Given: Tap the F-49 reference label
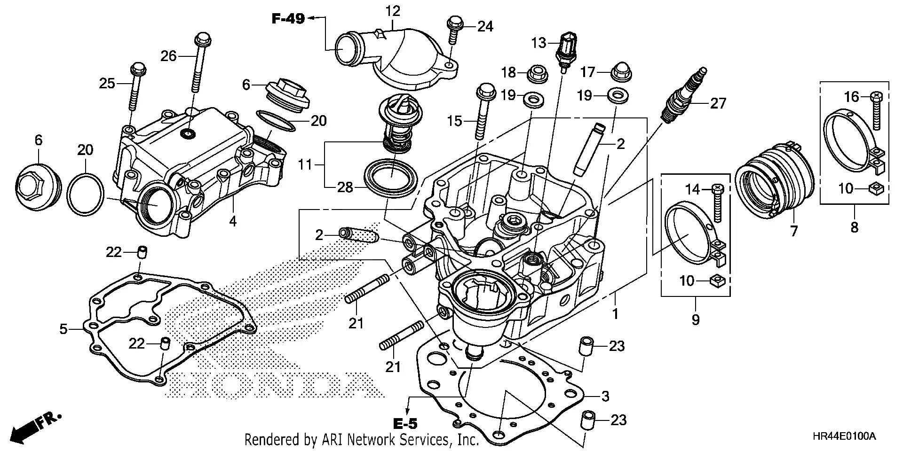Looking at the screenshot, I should click(x=288, y=19).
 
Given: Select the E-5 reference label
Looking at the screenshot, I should click(x=405, y=424).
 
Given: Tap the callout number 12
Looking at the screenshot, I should click(x=393, y=10).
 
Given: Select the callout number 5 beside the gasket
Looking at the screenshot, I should click(x=63, y=329).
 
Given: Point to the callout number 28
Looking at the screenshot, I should click(x=345, y=188).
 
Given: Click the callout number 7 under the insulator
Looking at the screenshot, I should click(x=794, y=231).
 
